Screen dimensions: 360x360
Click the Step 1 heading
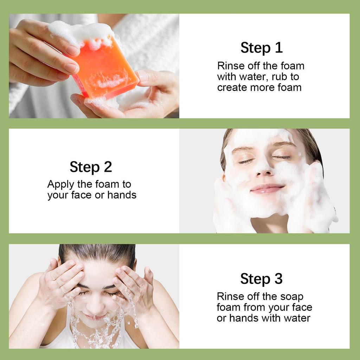[x=261, y=48]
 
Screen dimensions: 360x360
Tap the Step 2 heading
[x=91, y=167]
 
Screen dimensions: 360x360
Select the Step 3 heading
[x=261, y=279]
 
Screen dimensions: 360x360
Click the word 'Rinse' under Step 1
[x=228, y=66]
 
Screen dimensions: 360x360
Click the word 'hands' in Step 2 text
[x=122, y=195]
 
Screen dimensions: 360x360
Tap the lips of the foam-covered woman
[x=267, y=189]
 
